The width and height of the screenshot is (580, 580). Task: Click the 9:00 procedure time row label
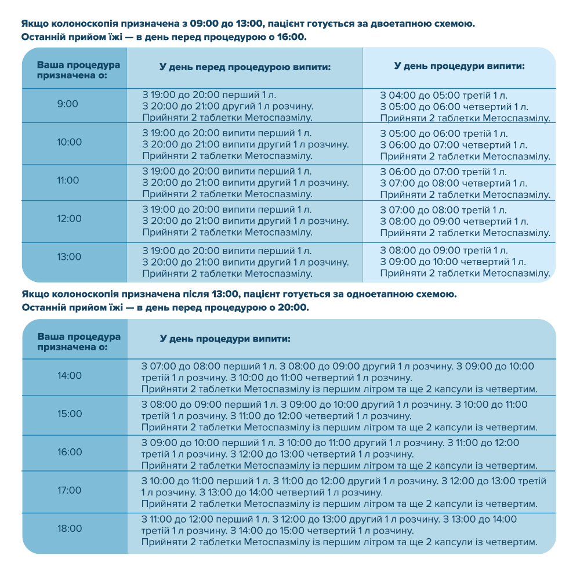(67, 104)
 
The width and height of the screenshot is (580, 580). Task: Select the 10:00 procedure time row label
(70, 142)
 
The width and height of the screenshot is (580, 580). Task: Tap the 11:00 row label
(68, 180)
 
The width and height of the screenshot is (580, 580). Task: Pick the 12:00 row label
(70, 219)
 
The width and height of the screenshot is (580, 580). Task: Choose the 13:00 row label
(70, 257)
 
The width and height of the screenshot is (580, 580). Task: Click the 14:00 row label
(70, 376)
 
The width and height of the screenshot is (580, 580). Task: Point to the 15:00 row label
(70, 414)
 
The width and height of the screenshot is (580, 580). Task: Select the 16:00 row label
(70, 452)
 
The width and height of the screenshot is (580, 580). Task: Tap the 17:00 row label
(70, 491)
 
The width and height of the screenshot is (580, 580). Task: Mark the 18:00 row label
(70, 529)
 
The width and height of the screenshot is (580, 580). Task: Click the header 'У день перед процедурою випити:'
(245, 67)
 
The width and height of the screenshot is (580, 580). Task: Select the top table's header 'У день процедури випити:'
(459, 66)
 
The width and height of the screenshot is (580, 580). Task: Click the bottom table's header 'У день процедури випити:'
(225, 338)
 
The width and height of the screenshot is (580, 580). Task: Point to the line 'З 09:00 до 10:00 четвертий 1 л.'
(454, 262)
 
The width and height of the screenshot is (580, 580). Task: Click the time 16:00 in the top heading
(292, 38)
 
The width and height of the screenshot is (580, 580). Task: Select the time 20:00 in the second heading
(294, 307)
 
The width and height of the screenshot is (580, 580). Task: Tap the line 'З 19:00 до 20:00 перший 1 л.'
(214, 95)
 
